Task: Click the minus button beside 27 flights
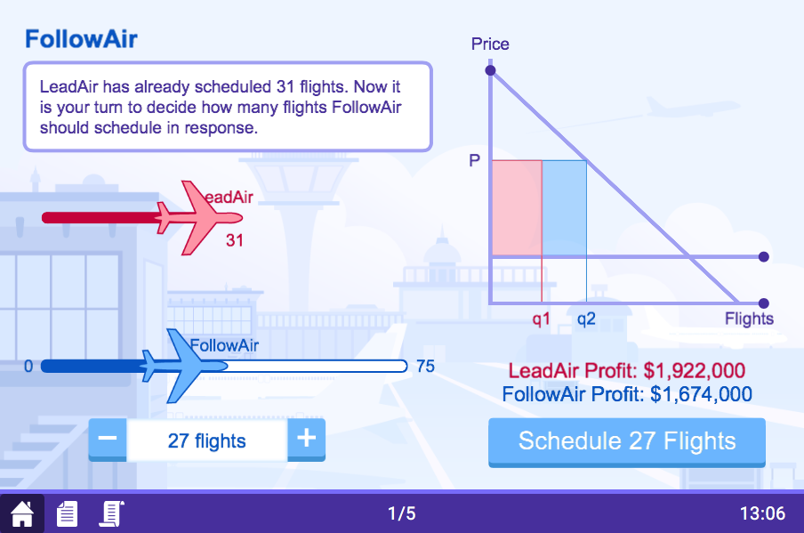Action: click(x=108, y=440)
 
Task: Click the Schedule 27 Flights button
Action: click(x=627, y=441)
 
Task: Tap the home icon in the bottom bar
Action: click(x=21, y=513)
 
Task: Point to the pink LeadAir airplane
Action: click(x=197, y=217)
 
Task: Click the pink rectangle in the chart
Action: click(x=516, y=207)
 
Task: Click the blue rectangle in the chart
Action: click(x=564, y=207)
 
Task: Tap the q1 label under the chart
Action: click(x=542, y=319)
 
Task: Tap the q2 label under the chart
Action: click(x=586, y=319)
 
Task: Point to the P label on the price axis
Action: click(x=474, y=161)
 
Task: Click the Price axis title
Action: click(x=490, y=44)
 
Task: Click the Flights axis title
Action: click(x=749, y=319)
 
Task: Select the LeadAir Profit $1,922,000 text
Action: click(x=626, y=371)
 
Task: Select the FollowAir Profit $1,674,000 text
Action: click(x=627, y=394)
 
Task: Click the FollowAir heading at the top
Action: click(x=81, y=39)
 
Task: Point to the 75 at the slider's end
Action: click(x=425, y=366)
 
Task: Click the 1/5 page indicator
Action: click(x=401, y=513)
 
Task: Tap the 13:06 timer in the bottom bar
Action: click(x=762, y=513)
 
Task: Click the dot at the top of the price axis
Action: click(x=490, y=69)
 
